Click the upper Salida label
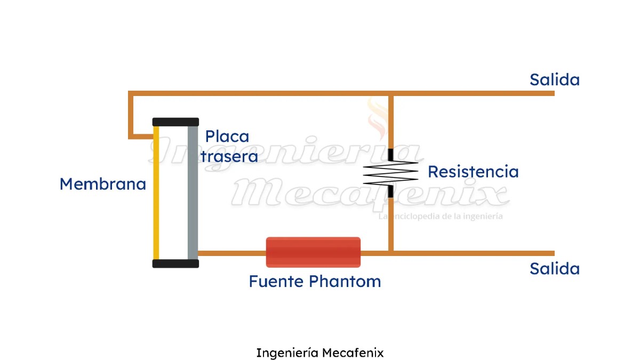tap(554, 80)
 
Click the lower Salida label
tap(554, 268)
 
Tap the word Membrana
tap(102, 184)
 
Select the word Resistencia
tap(473, 172)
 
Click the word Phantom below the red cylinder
tap(346, 281)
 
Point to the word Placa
tap(227, 137)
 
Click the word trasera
tap(229, 156)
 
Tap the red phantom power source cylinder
tap(313, 252)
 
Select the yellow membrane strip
tap(156, 192)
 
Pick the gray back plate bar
tap(193, 192)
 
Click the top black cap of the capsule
tap(175, 122)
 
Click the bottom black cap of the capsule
tap(175, 263)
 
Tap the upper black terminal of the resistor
tap(391, 155)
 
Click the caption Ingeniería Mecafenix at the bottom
tap(319, 353)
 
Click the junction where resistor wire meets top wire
tap(391, 93)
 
